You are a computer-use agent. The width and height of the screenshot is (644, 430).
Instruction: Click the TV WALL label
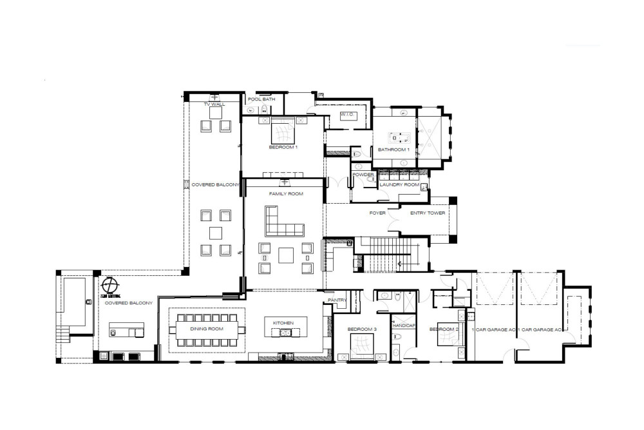click(214, 104)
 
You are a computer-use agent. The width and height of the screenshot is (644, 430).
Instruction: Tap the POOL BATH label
click(262, 99)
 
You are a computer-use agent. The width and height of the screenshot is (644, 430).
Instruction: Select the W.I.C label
click(348, 115)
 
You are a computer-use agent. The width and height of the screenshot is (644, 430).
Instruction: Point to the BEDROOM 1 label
click(283, 148)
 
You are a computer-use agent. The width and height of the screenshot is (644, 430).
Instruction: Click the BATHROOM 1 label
click(393, 150)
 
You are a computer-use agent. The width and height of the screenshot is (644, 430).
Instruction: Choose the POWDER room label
click(363, 174)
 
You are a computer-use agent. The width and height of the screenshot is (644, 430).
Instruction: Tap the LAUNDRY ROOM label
click(399, 185)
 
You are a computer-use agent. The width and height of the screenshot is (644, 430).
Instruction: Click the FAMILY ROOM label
click(286, 193)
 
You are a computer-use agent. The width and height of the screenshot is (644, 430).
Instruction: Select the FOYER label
click(377, 212)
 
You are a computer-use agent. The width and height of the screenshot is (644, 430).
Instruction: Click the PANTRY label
click(337, 300)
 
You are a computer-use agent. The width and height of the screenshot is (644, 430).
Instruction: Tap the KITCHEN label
click(283, 322)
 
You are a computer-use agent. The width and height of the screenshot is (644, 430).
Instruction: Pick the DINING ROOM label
click(206, 329)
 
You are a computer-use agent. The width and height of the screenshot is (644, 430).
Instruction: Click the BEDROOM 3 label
click(361, 329)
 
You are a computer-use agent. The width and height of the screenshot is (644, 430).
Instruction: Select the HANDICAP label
click(404, 326)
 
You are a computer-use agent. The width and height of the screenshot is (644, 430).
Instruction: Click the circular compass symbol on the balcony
click(110, 284)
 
